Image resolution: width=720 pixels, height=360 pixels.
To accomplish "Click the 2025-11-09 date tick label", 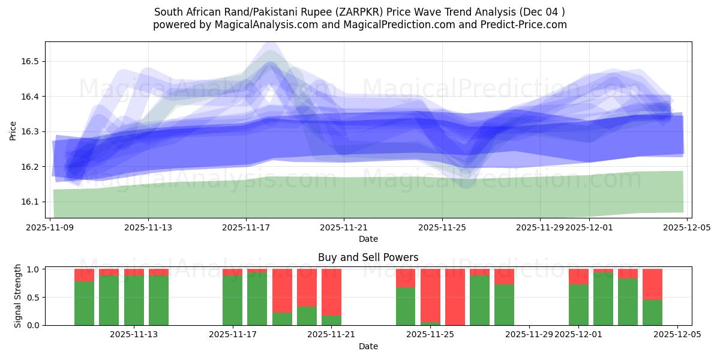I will (50, 228).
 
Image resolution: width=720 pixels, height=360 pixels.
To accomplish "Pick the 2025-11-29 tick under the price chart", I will (540, 228).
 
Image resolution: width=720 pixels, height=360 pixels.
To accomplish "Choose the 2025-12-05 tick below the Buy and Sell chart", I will (677, 335).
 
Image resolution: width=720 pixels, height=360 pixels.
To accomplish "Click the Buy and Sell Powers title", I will (368, 257).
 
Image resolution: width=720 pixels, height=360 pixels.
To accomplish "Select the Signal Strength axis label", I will (18, 296).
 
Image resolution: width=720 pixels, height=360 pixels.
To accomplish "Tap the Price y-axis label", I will (13, 130).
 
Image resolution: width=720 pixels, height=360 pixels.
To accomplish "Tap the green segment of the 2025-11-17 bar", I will (232, 300).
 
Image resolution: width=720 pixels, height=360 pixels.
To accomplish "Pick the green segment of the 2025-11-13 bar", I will (134, 300).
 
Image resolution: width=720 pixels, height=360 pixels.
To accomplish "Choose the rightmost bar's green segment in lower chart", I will (652, 312).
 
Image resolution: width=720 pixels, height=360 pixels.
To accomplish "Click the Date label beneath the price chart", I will (368, 239).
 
